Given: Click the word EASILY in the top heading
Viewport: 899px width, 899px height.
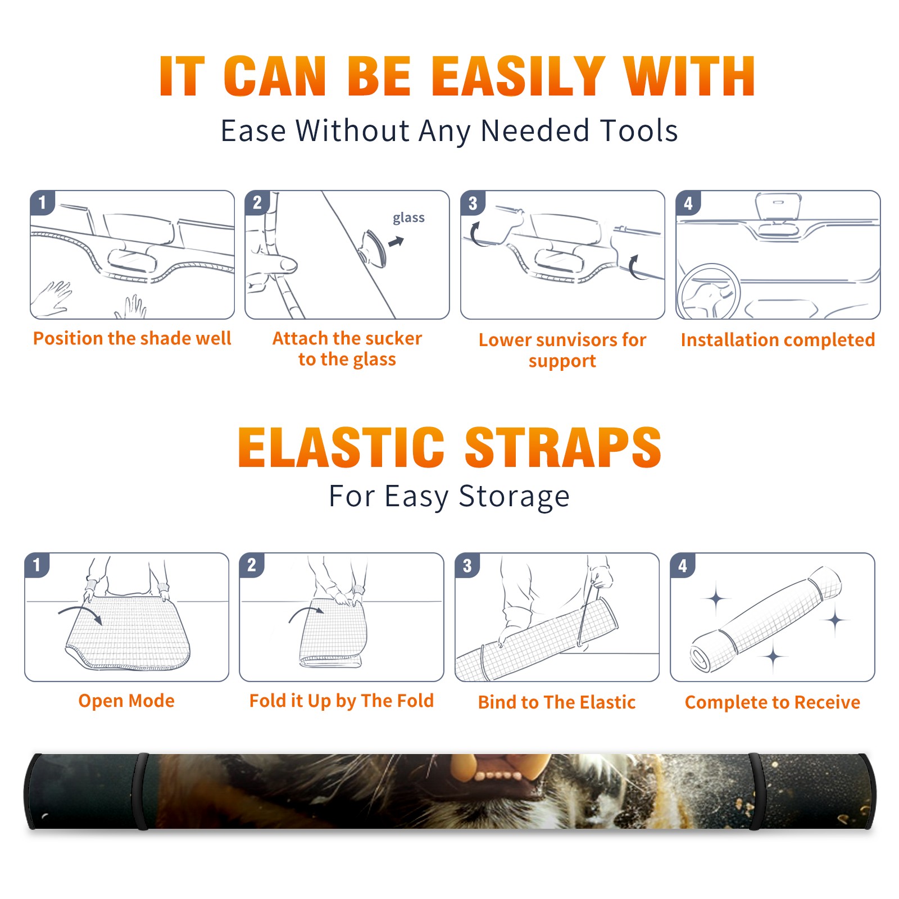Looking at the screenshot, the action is coord(517,76).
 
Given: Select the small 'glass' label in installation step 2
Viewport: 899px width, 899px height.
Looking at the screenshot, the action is coord(408,218).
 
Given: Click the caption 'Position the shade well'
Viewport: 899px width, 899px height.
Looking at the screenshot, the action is coord(132,338).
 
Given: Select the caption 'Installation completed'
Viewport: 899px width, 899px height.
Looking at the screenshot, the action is coord(778,340).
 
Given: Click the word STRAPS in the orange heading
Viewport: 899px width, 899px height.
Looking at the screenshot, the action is coord(563,447).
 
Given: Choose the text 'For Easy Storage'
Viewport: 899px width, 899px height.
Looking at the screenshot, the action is coord(449,497).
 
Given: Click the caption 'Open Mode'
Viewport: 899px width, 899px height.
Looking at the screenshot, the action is coord(126,701).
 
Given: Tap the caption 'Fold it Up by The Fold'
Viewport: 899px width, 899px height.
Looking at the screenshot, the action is coord(342,701).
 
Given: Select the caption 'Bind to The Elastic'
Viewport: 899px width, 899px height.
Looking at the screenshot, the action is coord(557,702).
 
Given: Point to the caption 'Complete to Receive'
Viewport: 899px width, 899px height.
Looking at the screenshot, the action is coord(773,702).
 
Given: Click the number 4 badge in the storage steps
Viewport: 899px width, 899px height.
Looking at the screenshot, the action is coord(683,565).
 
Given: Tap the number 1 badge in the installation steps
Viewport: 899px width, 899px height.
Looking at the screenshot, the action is coord(43,202).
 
